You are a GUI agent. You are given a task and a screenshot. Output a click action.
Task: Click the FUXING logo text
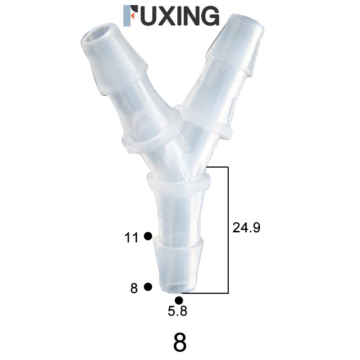tap(171, 16)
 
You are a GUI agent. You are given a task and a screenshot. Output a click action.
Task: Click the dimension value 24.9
tap(246, 228)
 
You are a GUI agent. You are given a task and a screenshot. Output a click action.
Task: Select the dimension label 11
tap(131, 238)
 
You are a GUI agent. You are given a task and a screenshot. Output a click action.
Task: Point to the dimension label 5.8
tap(177, 311)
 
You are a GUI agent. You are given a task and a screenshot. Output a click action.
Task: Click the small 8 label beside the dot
tap(134, 288)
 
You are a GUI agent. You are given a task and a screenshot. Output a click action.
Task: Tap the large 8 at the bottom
tap(180, 343)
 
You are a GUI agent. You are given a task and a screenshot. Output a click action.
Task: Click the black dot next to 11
tap(147, 236)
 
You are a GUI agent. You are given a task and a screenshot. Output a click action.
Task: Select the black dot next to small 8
tap(147, 287)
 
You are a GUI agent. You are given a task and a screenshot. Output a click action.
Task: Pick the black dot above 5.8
tap(179, 300)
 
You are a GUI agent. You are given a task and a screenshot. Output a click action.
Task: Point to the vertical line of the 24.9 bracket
tap(228, 230)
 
